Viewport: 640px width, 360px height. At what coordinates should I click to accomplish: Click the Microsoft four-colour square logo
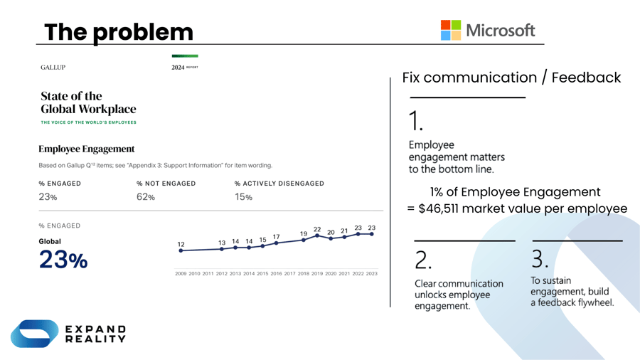point(451,30)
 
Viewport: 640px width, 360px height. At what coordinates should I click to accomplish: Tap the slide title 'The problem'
point(119,32)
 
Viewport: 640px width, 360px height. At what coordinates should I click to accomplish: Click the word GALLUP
point(53,68)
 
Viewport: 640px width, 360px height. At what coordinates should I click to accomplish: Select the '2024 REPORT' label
point(185,68)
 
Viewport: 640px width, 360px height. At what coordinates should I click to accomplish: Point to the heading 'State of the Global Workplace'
point(88,102)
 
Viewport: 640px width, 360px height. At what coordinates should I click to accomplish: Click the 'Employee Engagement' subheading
point(86,149)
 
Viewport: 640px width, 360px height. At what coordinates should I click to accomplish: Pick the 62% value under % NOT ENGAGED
point(145,197)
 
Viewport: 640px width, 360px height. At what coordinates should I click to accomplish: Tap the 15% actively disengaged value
point(243,197)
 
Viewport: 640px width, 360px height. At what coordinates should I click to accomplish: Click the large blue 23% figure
point(63,260)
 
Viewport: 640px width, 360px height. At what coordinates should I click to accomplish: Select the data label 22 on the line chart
point(317,229)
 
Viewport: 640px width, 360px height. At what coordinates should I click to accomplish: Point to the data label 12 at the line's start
point(181,244)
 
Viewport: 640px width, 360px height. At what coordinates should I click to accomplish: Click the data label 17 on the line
point(276,236)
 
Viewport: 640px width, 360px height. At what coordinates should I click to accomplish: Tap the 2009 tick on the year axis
point(181,274)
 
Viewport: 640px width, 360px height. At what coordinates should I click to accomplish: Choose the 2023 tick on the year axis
point(371,274)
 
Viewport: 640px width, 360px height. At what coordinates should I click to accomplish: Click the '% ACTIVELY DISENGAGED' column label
point(279,184)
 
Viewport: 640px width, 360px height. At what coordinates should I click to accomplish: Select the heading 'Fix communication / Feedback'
point(511,78)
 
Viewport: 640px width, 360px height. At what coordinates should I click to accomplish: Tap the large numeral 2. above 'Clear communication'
point(422,261)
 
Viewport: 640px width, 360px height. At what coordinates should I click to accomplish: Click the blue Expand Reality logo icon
point(34,334)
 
